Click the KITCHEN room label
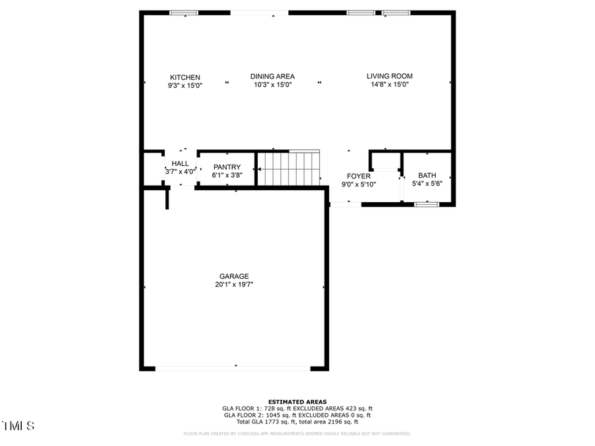(x=184, y=77)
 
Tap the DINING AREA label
(x=272, y=77)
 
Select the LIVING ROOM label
(x=389, y=77)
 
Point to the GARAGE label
(x=234, y=276)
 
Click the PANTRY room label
(x=227, y=167)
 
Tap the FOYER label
(x=359, y=176)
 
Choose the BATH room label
(x=426, y=175)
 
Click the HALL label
(x=180, y=163)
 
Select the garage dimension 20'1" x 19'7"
(x=234, y=285)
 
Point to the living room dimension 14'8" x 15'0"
(x=389, y=85)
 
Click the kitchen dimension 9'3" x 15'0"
(x=184, y=85)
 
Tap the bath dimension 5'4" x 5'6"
(x=426, y=184)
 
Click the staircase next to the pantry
(x=288, y=168)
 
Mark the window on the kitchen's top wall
(x=184, y=13)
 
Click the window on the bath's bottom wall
(x=426, y=204)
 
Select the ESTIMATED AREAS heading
(x=297, y=402)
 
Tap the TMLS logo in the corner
(x=19, y=426)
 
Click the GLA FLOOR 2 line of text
(x=297, y=415)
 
